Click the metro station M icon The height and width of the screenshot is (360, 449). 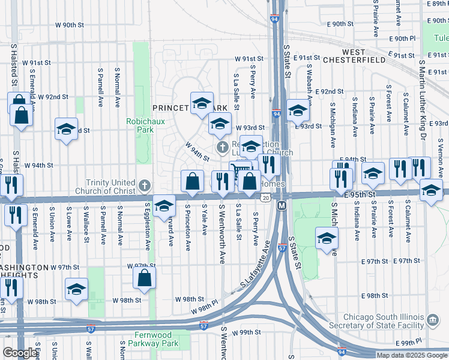281,206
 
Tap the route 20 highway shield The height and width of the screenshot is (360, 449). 265,197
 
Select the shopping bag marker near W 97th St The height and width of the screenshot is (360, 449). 144,278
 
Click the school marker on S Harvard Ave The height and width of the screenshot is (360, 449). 164,206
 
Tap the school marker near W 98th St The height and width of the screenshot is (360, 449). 76,290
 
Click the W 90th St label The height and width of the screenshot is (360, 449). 67,25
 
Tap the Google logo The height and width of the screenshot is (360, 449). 19,353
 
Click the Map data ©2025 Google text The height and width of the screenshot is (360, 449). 412,355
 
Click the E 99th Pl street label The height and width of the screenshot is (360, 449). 413,342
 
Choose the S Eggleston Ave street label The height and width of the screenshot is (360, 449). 148,227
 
